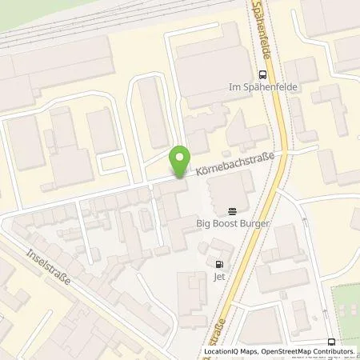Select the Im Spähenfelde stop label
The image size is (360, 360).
(258, 86)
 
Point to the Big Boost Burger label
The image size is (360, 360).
(232, 226)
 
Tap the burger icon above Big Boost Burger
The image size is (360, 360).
(232, 212)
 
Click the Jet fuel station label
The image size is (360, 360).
(218, 278)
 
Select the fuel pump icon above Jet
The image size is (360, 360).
(218, 265)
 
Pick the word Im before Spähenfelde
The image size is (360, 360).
(234, 86)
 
